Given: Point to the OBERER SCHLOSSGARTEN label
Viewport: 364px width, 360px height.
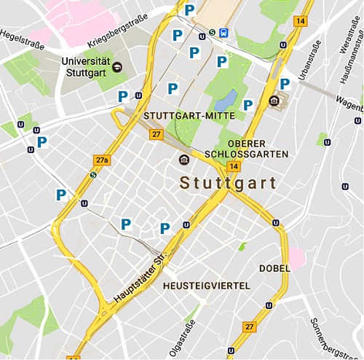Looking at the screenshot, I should point(257,149).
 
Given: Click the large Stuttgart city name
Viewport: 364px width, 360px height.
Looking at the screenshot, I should point(228,182).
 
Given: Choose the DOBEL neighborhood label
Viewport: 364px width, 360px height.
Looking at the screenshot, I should point(274,268).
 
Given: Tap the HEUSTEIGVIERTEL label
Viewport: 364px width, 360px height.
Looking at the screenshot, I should point(207,284).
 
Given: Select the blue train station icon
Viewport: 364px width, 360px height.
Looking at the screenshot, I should point(223,32).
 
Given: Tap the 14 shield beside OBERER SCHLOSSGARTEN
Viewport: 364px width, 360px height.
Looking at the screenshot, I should point(233,166).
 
